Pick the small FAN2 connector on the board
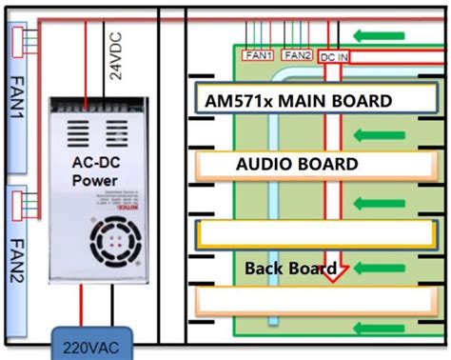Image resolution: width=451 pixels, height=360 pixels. click(x=297, y=56)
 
